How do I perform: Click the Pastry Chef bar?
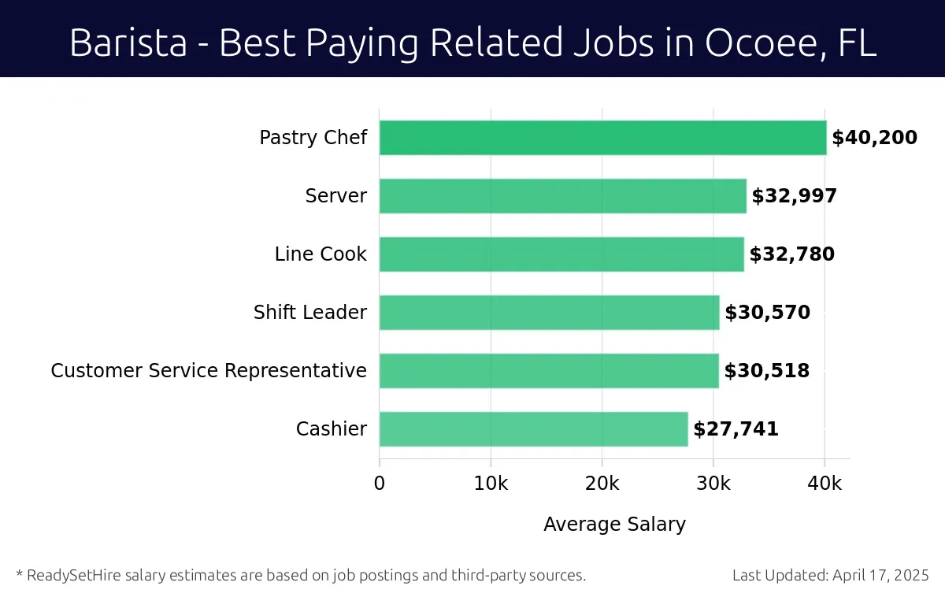[x=602, y=138]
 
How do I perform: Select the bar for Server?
[x=562, y=196]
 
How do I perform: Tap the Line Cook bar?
[x=561, y=254]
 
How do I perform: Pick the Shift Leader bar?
[x=549, y=313]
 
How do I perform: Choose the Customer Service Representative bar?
[x=549, y=371]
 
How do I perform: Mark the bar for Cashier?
[x=533, y=429]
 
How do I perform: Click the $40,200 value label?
[x=874, y=139]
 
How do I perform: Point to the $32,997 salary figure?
[x=794, y=197]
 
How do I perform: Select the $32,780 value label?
[x=791, y=255]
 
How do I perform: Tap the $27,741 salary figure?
[x=736, y=430]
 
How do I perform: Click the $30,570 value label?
[x=767, y=313]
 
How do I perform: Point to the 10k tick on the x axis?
[x=491, y=484]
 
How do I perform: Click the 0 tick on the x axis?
[x=380, y=484]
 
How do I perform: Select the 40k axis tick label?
[x=825, y=484]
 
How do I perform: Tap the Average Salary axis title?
[x=614, y=525]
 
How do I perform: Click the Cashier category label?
[x=331, y=429]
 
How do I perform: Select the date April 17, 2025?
[x=880, y=575]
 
